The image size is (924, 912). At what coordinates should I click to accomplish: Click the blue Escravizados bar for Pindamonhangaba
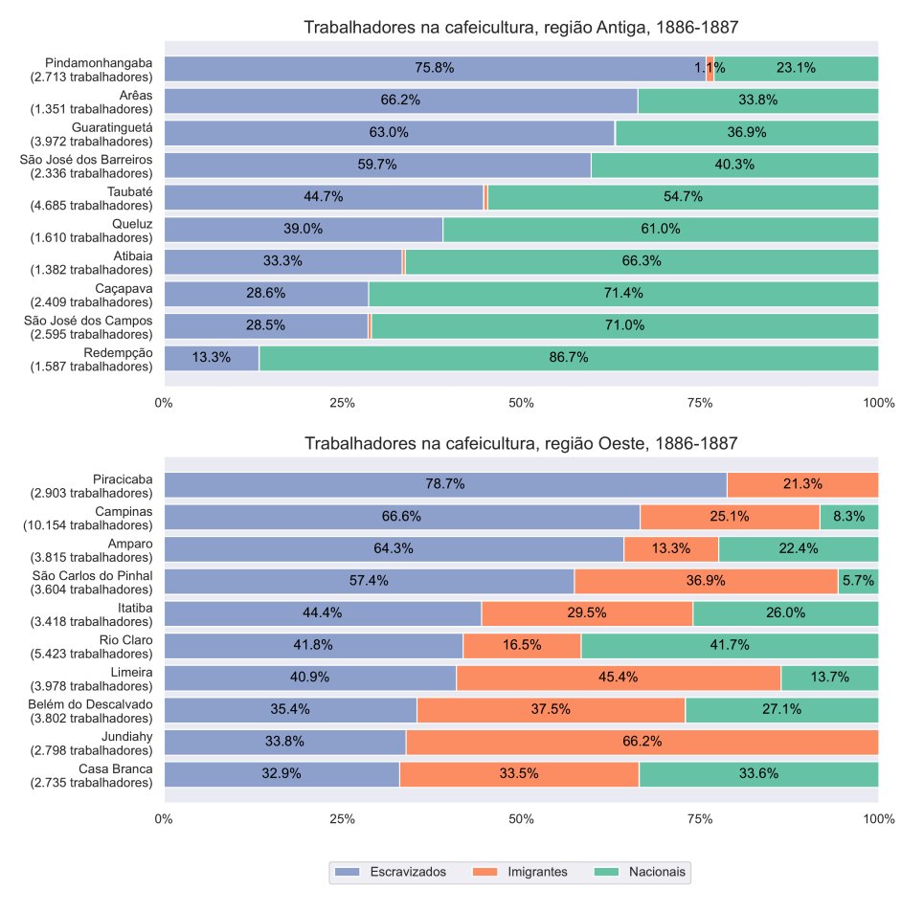pyautogui.click(x=435, y=69)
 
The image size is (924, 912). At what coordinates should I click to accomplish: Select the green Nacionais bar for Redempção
pyautogui.click(x=569, y=359)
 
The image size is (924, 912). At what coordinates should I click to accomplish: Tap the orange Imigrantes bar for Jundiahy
pyautogui.click(x=642, y=743)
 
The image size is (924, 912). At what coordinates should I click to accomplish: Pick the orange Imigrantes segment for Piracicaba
pyautogui.click(x=802, y=485)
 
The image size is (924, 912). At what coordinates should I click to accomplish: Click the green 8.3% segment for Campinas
pyautogui.click(x=849, y=517)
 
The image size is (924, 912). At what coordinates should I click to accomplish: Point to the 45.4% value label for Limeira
pyautogui.click(x=619, y=678)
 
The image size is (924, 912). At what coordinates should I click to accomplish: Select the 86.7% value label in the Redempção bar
pyautogui.click(x=569, y=357)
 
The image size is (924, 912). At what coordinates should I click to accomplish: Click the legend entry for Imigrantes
pyautogui.click(x=520, y=872)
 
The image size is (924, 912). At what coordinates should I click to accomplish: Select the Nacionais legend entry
pyautogui.click(x=640, y=872)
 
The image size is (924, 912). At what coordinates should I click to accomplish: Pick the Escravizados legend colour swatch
pyautogui.click(x=347, y=872)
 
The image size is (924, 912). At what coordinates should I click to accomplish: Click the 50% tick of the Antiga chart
pyautogui.click(x=521, y=403)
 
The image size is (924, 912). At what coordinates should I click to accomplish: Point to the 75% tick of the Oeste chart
pyautogui.click(x=700, y=819)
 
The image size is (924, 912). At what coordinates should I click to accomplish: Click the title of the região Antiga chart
pyautogui.click(x=521, y=27)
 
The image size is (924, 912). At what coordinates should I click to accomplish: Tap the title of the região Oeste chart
pyautogui.click(x=521, y=443)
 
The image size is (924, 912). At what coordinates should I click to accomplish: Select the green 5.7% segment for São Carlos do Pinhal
pyautogui.click(x=858, y=581)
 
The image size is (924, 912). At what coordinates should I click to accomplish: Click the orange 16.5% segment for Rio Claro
pyautogui.click(x=522, y=646)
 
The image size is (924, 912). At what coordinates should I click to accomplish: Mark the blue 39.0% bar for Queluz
pyautogui.click(x=304, y=230)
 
